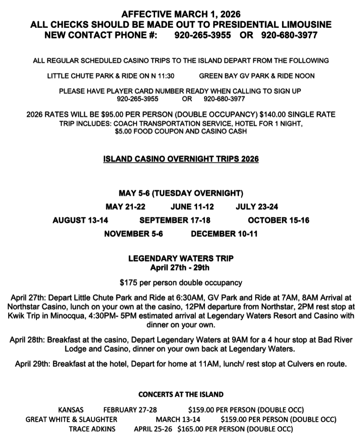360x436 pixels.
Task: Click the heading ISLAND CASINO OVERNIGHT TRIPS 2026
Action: pyautogui.click(x=181, y=159)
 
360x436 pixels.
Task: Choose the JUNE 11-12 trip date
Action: pyautogui.click(x=192, y=206)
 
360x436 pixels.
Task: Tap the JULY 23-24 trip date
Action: pyautogui.click(x=257, y=206)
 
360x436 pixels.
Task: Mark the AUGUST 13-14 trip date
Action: pyautogui.click(x=80, y=220)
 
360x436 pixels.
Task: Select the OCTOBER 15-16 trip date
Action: pyautogui.click(x=278, y=220)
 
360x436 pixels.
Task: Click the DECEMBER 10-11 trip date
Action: pyautogui.click(x=224, y=234)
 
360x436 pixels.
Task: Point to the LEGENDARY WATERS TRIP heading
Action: pyautogui.click(x=181, y=259)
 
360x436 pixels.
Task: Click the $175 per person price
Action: pyautogui.click(x=129, y=282)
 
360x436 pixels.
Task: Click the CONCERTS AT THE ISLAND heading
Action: pyautogui.click(x=181, y=394)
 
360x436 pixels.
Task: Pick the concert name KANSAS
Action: pyautogui.click(x=71, y=410)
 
